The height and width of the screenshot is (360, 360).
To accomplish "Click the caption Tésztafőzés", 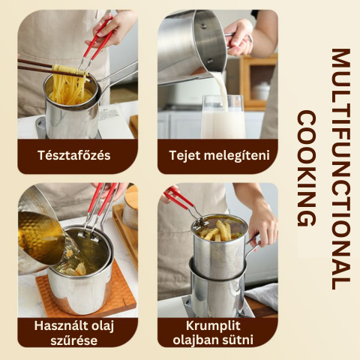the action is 74,155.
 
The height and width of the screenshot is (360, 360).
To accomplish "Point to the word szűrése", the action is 74,340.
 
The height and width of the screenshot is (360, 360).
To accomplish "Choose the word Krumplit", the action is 213,325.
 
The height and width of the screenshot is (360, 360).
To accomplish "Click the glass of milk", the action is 223,117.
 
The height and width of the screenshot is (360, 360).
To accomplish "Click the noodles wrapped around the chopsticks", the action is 70,70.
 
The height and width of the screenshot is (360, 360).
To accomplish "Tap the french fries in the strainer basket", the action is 218,231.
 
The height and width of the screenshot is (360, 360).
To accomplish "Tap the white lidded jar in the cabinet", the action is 261,91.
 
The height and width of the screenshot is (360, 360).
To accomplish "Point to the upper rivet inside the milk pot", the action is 204,25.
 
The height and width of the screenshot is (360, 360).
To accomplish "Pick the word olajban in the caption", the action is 195,340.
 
